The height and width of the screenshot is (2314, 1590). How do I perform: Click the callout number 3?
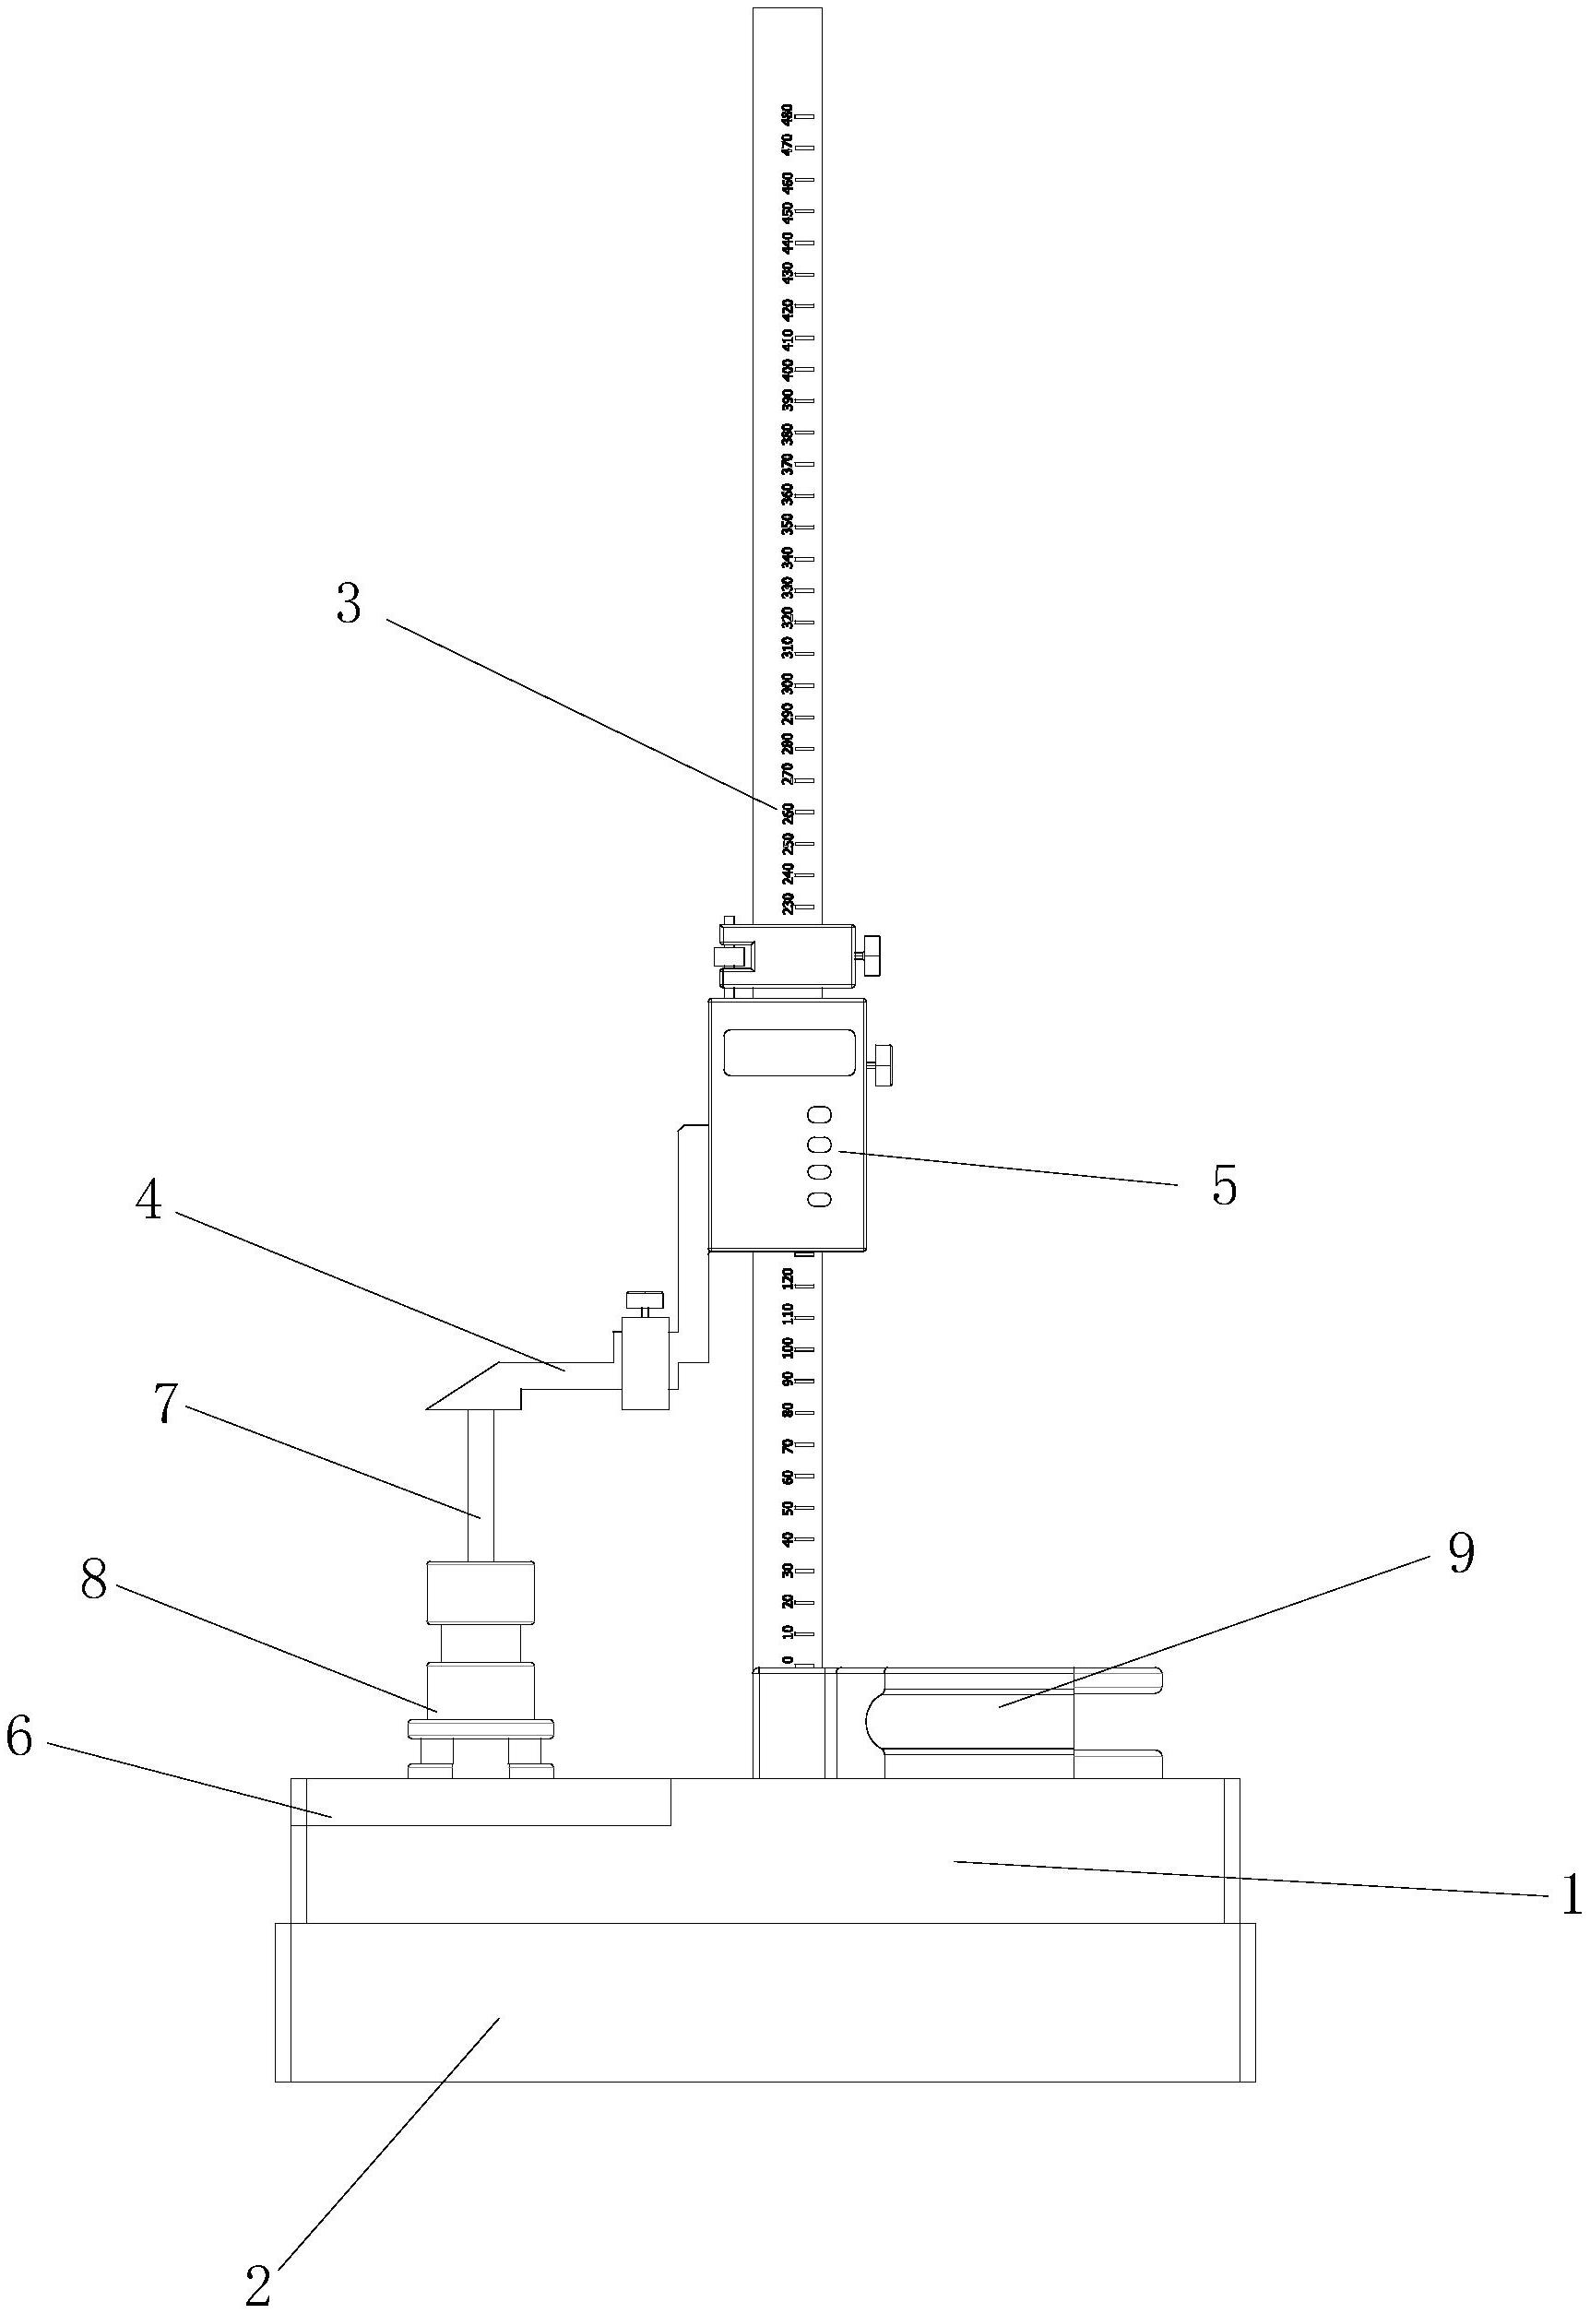coord(348,605)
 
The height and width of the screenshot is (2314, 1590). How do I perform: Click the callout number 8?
coord(94,1581)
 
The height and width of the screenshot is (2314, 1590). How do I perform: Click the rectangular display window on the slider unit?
coord(789,1052)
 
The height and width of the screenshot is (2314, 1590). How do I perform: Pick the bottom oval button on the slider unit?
coord(820,1199)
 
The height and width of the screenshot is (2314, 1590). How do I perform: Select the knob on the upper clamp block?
coord(873,955)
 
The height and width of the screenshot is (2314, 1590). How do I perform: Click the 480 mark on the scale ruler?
coord(787,114)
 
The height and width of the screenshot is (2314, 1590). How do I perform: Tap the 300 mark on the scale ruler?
coord(788,684)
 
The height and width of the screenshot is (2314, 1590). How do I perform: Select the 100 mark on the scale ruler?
coord(788,1348)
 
